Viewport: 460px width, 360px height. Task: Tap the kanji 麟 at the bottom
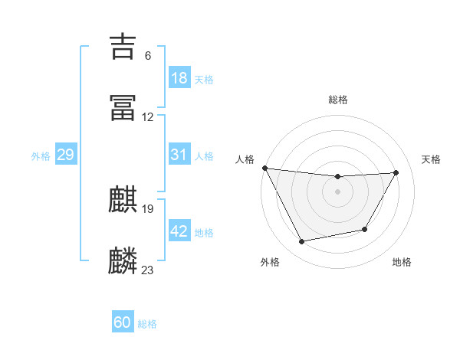pyautogui.click(x=123, y=261)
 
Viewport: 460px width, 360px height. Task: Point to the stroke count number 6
pyautogui.click(x=148, y=56)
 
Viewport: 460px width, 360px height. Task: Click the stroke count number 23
pyautogui.click(x=148, y=270)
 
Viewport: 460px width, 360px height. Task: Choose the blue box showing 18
pyautogui.click(x=179, y=78)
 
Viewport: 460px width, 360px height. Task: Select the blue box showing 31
pyautogui.click(x=179, y=155)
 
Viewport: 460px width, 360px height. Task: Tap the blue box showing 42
pyautogui.click(x=179, y=231)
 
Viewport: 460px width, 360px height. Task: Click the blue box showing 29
pyautogui.click(x=66, y=155)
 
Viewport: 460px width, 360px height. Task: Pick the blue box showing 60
pyautogui.click(x=123, y=322)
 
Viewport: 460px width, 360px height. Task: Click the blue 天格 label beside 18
pyautogui.click(x=204, y=79)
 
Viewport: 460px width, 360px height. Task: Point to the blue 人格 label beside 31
pyautogui.click(x=204, y=155)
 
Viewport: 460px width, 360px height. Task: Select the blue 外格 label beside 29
pyautogui.click(x=41, y=155)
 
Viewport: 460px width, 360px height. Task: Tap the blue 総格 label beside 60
pyautogui.click(x=147, y=323)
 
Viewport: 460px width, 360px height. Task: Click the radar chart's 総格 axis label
pyautogui.click(x=338, y=100)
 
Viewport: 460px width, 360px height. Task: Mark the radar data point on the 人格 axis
pyautogui.click(x=264, y=168)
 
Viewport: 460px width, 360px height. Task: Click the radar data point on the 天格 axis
pyautogui.click(x=396, y=172)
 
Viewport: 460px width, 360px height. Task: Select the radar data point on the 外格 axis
pyautogui.click(x=302, y=242)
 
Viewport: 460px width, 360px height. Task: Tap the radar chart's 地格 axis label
pyautogui.click(x=402, y=262)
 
